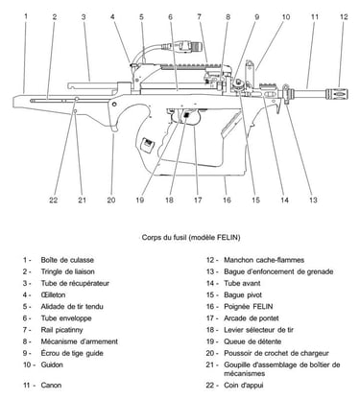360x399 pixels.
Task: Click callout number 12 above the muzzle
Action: click(x=344, y=16)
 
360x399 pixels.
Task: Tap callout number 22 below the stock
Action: click(x=53, y=200)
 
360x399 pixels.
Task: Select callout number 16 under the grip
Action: click(x=227, y=200)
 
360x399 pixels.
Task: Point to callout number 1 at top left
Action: click(x=26, y=16)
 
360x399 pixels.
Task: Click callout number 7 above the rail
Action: click(x=199, y=16)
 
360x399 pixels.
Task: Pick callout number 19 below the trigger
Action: click(x=140, y=200)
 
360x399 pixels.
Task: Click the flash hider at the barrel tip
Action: click(x=337, y=94)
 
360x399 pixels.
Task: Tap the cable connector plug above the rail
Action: click(x=190, y=46)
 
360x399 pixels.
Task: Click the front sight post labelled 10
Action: click(x=249, y=68)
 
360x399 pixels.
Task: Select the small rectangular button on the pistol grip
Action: click(x=148, y=143)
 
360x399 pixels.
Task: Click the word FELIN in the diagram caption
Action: click(x=228, y=238)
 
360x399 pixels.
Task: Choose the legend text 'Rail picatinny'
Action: click(x=61, y=330)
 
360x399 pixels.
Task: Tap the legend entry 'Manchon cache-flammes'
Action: click(x=264, y=260)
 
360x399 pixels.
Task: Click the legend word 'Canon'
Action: click(x=51, y=386)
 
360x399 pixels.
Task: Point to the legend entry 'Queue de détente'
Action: click(x=252, y=341)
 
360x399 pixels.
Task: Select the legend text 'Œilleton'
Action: click(x=53, y=294)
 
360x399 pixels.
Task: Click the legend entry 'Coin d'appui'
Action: click(x=244, y=386)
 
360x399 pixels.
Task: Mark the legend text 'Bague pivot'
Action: click(x=243, y=295)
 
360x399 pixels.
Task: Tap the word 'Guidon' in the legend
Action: click(x=52, y=364)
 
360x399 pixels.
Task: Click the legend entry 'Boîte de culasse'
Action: click(x=67, y=260)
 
